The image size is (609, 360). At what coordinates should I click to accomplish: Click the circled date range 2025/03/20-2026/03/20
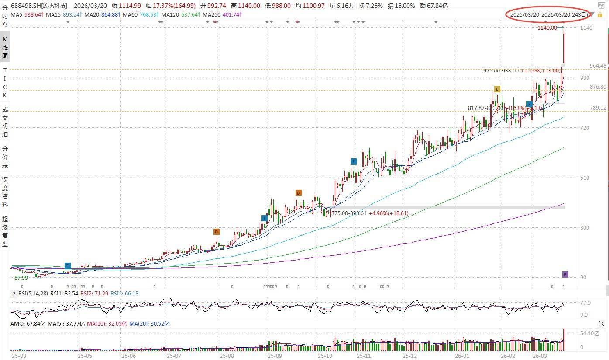point(549,14)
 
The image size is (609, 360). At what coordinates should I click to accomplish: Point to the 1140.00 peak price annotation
point(547,28)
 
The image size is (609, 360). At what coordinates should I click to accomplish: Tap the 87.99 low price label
point(21,278)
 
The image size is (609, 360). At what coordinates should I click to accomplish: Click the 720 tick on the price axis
point(585,128)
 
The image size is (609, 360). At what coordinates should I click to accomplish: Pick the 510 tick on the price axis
point(585,178)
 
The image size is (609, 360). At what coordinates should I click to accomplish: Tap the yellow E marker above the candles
point(497,89)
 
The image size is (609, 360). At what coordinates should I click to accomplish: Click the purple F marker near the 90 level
point(565,274)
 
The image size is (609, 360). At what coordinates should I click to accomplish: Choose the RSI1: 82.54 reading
point(64,294)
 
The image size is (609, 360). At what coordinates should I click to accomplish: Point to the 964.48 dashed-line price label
point(598,66)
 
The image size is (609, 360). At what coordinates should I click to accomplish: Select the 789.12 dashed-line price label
point(598,108)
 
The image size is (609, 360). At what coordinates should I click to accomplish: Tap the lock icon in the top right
point(600,15)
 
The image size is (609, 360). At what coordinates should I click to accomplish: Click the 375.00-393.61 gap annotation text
point(349,213)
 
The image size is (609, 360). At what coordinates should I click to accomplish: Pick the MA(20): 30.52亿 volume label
point(152,324)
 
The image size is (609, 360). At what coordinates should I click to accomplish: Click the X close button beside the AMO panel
point(602,324)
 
